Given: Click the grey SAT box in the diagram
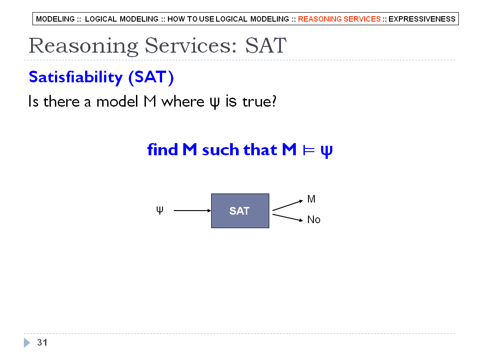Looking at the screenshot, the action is (x=240, y=211).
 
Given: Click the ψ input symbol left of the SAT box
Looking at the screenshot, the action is (x=159, y=211).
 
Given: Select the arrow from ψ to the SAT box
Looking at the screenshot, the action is (x=192, y=211).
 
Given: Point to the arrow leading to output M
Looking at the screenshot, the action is (x=287, y=205).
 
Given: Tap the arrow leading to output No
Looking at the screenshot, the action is (x=287, y=217).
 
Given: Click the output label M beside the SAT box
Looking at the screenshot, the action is (x=311, y=199).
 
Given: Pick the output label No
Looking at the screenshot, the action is (x=314, y=220).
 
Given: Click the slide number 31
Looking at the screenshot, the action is (x=42, y=342).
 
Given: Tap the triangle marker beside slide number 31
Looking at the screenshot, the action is (x=27, y=342).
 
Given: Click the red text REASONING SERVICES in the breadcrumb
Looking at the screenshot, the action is (x=339, y=19).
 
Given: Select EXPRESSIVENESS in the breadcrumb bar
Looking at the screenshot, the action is (x=422, y=19).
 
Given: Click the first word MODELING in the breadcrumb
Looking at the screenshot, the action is (x=55, y=19).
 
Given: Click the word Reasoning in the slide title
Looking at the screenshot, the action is (x=83, y=45).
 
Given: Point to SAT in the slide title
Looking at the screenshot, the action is (x=266, y=45).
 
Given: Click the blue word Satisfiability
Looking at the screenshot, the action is (x=76, y=77).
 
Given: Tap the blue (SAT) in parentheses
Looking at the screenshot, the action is (x=151, y=77).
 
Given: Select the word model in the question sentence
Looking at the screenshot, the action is (x=117, y=101).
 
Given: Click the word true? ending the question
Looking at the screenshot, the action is (x=259, y=101).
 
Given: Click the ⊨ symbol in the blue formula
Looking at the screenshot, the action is (x=308, y=150).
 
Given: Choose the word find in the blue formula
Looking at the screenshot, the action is (x=163, y=149).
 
